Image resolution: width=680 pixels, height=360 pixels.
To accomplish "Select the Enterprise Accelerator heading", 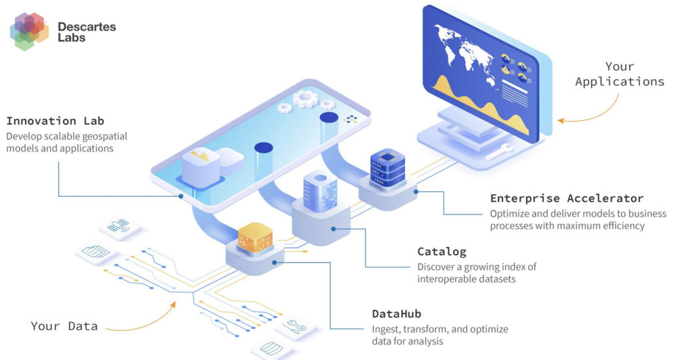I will pos(566,199).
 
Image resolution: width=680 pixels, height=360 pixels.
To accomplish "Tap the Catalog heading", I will pos(442,252).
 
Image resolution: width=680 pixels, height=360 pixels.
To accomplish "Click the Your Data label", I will pos(64,326).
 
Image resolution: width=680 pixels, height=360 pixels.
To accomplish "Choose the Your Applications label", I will pos(620,74).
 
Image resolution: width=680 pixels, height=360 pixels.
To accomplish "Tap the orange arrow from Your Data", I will pos(143,319).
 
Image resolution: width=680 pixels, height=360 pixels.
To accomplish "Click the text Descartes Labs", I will pos(86,32).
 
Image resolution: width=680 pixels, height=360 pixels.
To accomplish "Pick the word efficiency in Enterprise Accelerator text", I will pos(618,226).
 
